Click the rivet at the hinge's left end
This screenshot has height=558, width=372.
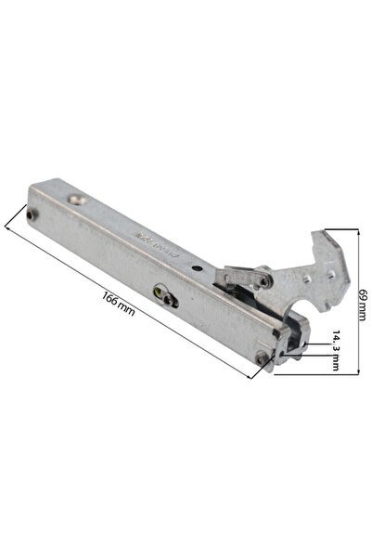coord(34,215)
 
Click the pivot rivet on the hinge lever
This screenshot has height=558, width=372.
coord(265,279)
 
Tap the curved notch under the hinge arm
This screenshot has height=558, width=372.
coord(299,307)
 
